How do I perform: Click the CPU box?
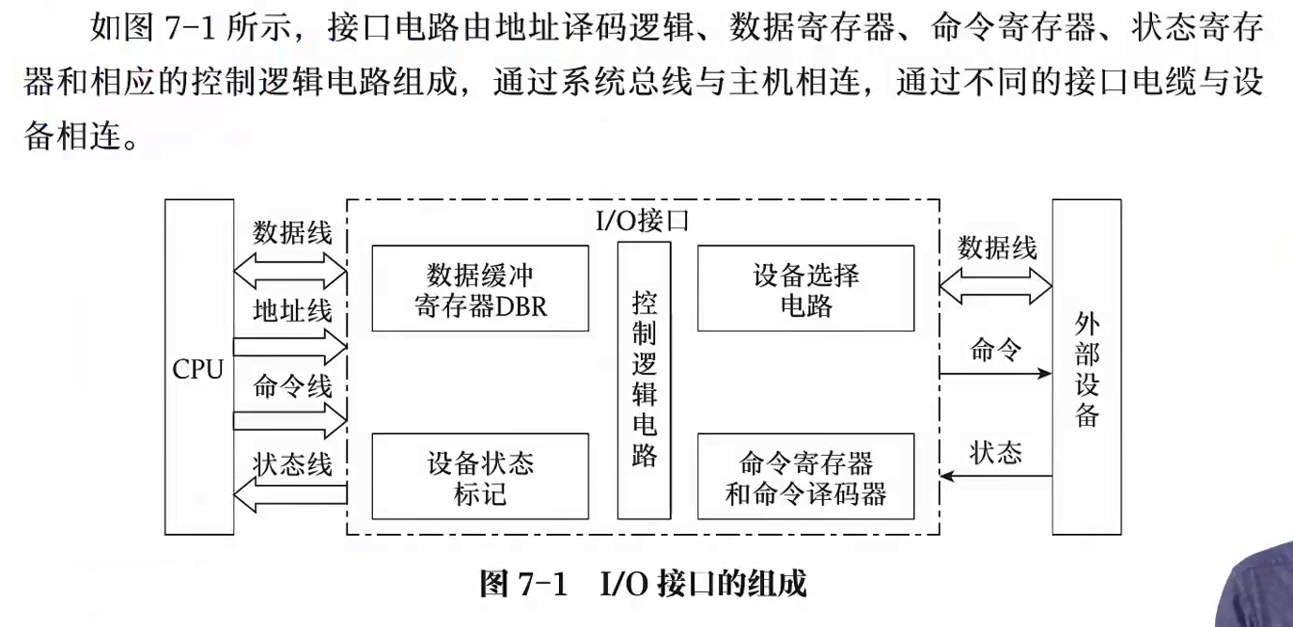click(198, 368)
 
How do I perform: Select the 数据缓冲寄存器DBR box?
click(480, 289)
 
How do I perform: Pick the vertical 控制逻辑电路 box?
click(644, 380)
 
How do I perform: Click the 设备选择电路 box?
click(805, 289)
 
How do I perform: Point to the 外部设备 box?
click(1086, 368)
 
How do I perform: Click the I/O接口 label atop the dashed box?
click(644, 222)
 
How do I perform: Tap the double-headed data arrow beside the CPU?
click(290, 271)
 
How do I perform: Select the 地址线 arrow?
click(290, 347)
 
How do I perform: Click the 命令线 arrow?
click(290, 420)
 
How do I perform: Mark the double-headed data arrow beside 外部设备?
click(996, 285)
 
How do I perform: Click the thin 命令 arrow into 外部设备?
click(996, 373)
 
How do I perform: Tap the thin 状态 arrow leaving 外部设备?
click(996, 476)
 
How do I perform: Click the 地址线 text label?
click(292, 311)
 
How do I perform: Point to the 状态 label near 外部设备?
click(996, 453)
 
